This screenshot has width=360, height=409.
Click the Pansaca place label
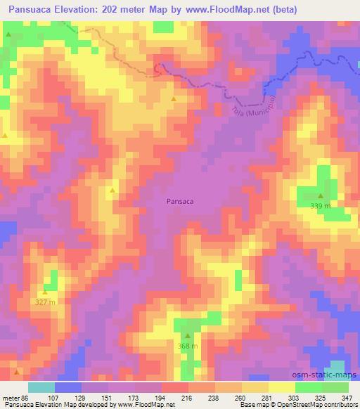(x=180, y=201)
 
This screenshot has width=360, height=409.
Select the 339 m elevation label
(x=321, y=206)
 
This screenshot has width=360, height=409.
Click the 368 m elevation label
(x=187, y=346)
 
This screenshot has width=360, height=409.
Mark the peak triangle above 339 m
(x=321, y=197)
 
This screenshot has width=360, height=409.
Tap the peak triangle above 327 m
(x=45, y=292)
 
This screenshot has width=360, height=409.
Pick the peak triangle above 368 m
(x=187, y=336)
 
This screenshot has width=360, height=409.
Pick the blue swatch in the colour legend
(x=68, y=387)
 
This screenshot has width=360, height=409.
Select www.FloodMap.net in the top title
(x=221, y=10)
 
